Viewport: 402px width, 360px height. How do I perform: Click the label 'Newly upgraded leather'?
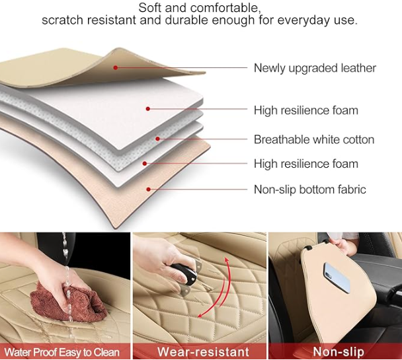coord(315,68)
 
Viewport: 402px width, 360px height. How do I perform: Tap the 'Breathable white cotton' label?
coord(314,139)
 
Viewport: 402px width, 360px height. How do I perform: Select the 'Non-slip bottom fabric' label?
coord(309,190)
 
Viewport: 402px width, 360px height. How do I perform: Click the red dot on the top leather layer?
coord(116,67)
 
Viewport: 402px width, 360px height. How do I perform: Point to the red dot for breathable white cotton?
coord(157,139)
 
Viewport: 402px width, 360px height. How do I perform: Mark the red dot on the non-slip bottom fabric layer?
coord(149,189)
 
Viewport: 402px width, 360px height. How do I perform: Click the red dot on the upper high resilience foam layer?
coord(148,109)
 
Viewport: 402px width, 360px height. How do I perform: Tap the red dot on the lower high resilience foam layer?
coord(145,163)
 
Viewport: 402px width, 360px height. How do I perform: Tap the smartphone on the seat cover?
coord(337,277)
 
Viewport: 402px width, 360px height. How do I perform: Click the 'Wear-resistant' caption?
coord(203,351)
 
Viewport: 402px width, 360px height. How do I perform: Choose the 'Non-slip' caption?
coord(339,351)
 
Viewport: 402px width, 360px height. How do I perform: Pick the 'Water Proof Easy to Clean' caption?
coord(61,352)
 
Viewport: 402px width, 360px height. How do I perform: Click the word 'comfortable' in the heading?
coord(225,8)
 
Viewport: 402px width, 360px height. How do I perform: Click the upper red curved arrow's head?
coord(227,260)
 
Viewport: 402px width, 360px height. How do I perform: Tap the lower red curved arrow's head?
coord(201,314)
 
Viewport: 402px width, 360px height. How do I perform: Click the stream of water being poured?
coord(67,277)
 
